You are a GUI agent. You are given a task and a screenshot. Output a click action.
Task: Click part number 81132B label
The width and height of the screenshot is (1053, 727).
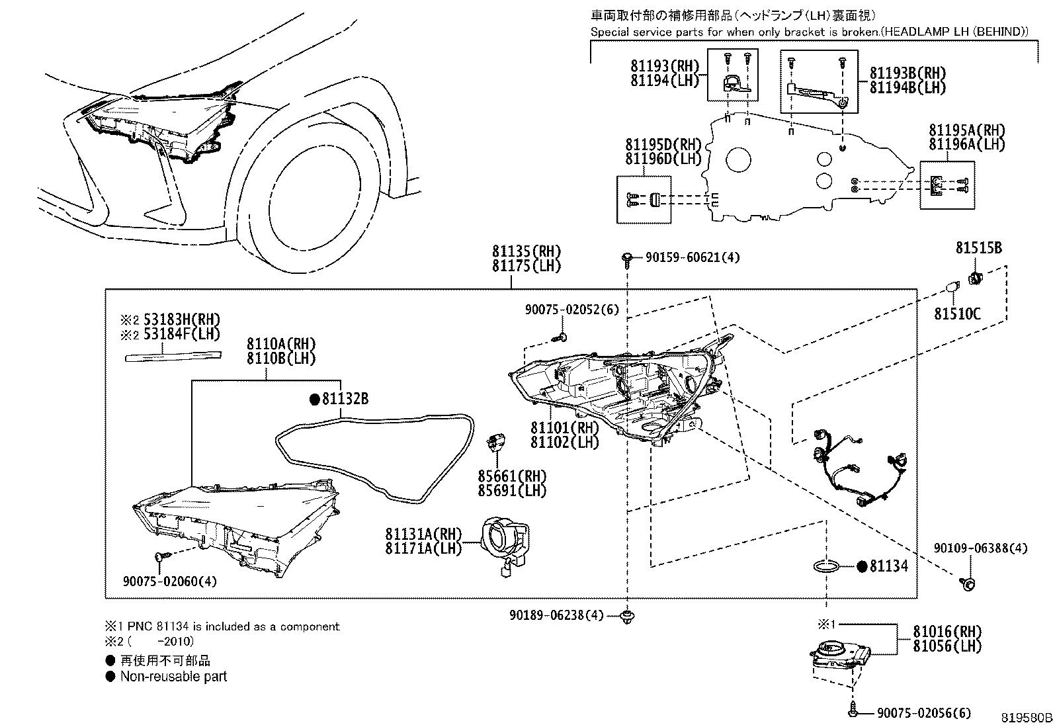[x=345, y=399]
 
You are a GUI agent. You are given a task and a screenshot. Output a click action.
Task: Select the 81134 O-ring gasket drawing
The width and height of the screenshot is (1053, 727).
[x=825, y=566]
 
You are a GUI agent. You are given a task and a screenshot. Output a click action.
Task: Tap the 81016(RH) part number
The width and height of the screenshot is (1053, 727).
[x=947, y=632]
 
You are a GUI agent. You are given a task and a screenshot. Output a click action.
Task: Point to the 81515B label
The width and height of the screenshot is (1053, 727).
[x=978, y=248]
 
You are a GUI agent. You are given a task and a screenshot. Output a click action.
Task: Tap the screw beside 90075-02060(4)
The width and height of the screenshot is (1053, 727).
[x=160, y=558]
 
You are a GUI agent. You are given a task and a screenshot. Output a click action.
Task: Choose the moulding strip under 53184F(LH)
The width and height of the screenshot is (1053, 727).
[x=173, y=357]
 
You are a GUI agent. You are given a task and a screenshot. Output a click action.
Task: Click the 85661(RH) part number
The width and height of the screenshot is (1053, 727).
[x=513, y=476]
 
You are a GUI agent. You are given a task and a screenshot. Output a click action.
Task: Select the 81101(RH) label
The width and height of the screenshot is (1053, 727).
[x=564, y=428]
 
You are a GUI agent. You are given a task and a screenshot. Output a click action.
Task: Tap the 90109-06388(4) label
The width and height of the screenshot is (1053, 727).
[x=980, y=548]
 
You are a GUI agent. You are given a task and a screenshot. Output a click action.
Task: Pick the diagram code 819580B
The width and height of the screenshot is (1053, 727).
[x=1025, y=717]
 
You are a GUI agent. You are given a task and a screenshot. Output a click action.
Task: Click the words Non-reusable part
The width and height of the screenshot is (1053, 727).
[x=173, y=677]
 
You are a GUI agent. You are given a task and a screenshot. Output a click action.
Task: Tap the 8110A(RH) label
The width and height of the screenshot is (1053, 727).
[x=281, y=344]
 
